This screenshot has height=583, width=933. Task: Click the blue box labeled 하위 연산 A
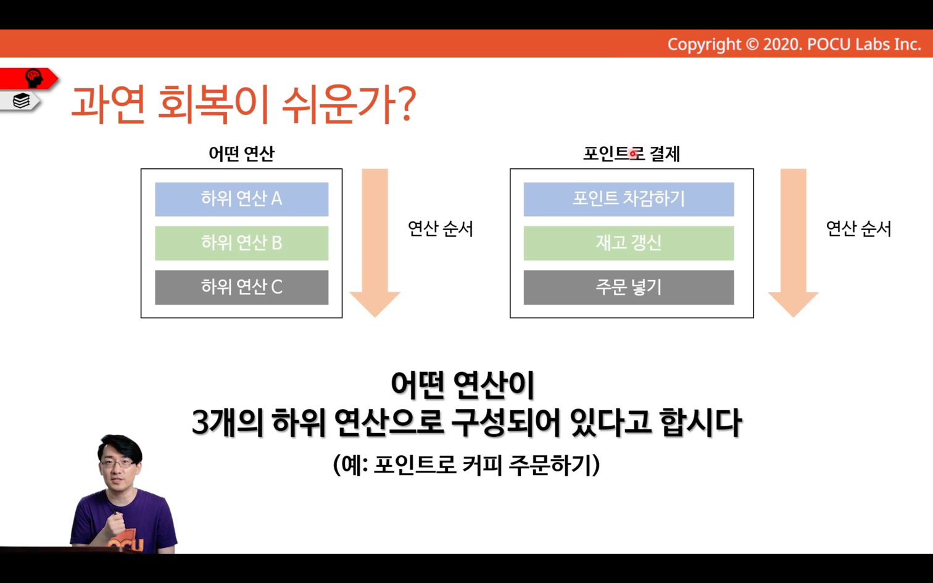[x=242, y=199]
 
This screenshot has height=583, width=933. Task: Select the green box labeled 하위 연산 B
[x=242, y=243]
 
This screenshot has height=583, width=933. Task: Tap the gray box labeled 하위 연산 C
[x=242, y=287]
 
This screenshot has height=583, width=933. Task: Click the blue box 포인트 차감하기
[x=629, y=199]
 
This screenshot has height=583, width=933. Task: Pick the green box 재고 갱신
[x=629, y=243]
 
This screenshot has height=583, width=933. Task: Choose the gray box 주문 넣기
[x=629, y=287]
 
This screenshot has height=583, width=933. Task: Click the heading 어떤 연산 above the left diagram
[x=242, y=154]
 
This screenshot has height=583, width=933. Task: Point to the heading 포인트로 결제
[x=631, y=154]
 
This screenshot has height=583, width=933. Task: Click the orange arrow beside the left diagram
[x=375, y=243]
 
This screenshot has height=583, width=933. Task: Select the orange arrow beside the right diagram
[x=794, y=243]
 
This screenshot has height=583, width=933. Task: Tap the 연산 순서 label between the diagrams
[x=441, y=229]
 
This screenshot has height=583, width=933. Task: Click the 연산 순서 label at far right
[x=859, y=229]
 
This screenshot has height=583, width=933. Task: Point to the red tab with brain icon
[x=29, y=79]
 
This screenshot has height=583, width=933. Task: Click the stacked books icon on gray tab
[x=21, y=101]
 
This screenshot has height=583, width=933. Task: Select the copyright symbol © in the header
[x=752, y=44]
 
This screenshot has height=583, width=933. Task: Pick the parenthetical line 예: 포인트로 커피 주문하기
[x=466, y=465]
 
